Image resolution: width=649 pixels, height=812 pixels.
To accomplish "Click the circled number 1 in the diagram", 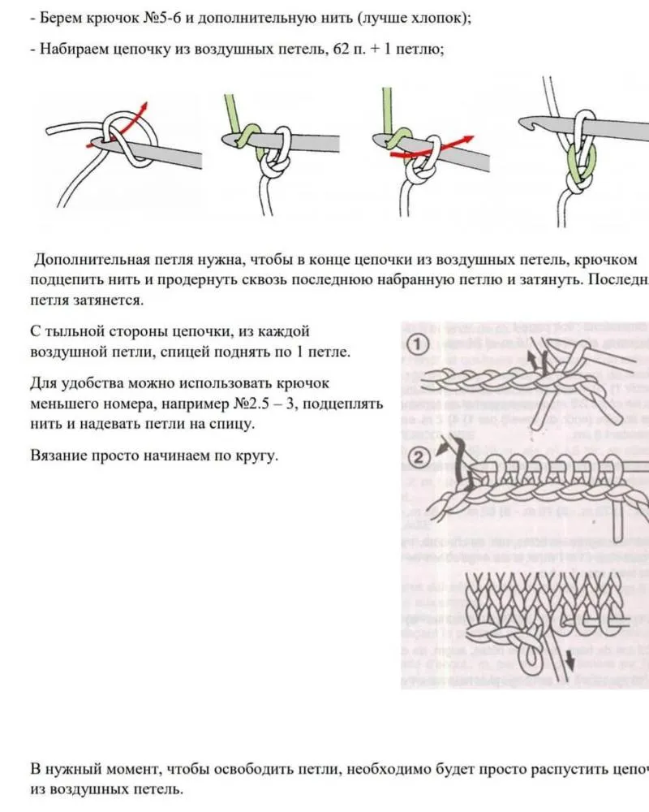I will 419,345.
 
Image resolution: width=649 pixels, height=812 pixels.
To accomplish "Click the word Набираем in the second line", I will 71,49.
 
